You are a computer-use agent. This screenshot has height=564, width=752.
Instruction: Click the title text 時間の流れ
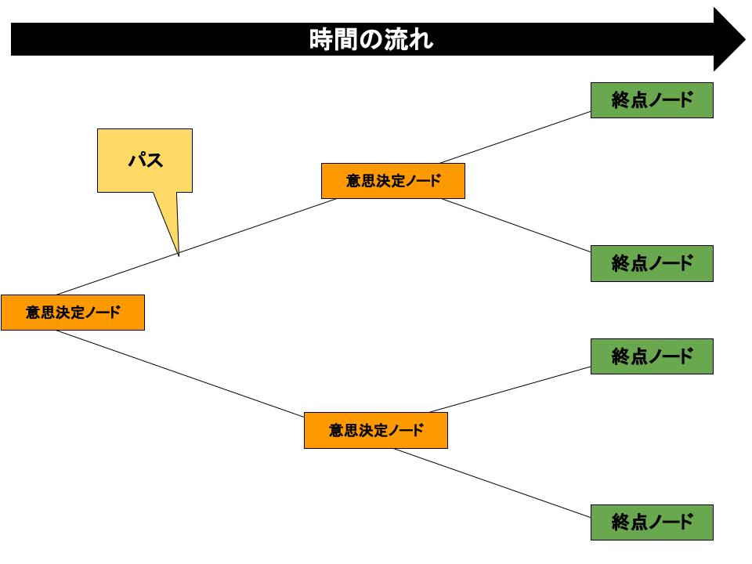pos(371,38)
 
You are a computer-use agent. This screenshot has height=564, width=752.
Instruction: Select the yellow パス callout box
pos(145,160)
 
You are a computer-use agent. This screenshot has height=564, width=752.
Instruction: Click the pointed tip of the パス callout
pos(179,255)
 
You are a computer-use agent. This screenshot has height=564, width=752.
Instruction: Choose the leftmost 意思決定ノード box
pos(72,313)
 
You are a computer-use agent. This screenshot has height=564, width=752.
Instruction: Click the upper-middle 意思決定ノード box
pos(392,181)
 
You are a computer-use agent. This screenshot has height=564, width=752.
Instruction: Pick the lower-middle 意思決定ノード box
pos(375,431)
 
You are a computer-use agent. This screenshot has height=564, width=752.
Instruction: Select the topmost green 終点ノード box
pos(652,99)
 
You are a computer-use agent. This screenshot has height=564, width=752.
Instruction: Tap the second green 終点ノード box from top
pos(652,263)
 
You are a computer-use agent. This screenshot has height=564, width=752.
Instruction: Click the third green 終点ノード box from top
pos(652,356)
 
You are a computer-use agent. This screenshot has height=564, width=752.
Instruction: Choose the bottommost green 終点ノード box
pos(652,522)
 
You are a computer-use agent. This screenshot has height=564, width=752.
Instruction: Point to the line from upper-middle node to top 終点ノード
pos(515,136)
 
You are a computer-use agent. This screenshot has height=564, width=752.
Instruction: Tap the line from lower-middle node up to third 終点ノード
pos(509,389)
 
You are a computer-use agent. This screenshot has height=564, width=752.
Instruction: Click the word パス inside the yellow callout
pos(145,161)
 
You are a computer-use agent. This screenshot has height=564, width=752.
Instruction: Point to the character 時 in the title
pos(322,38)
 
